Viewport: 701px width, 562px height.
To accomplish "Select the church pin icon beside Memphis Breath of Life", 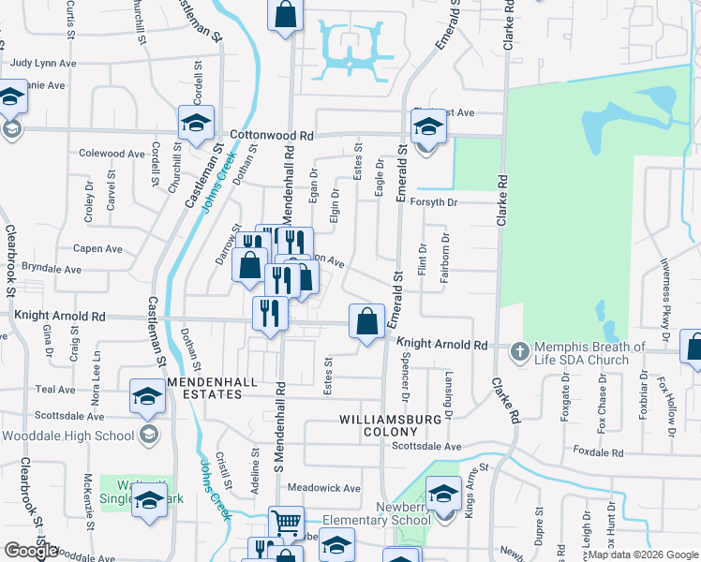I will click(x=520, y=352).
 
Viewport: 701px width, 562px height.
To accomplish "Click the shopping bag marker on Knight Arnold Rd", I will click(x=366, y=321).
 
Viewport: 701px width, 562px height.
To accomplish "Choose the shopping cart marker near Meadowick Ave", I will click(x=286, y=521).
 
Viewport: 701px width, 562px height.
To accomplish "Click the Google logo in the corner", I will click(x=30, y=551).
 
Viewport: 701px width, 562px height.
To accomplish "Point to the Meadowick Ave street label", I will click(x=323, y=488).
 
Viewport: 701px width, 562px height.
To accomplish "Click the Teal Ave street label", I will click(x=54, y=389).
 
